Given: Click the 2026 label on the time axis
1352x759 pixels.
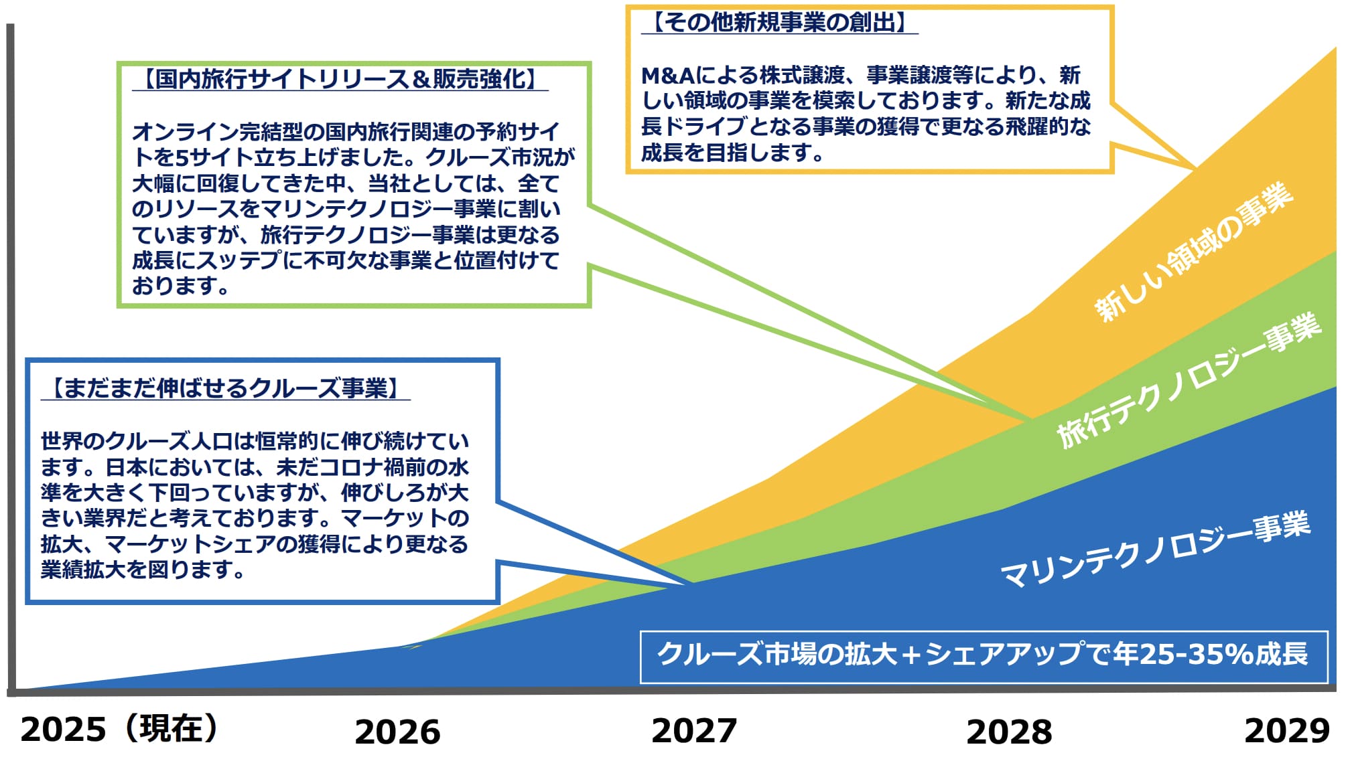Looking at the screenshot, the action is click(397, 732).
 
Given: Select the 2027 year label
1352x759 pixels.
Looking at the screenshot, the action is click(694, 730).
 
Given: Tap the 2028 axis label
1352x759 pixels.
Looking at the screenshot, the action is click(1009, 732).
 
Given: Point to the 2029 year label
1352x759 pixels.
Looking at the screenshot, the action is click(1287, 730).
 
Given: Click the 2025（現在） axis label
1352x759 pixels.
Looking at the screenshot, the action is click(119, 729).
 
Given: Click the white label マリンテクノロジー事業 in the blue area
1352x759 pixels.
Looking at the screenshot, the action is click(1155, 550).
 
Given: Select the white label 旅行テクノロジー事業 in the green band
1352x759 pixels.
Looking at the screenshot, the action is click(1189, 379).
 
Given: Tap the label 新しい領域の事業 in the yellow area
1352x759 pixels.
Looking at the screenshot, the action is click(1193, 252).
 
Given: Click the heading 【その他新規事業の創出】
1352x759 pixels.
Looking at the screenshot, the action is click(779, 22).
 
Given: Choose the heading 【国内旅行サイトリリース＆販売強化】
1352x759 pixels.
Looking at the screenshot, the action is click(340, 79).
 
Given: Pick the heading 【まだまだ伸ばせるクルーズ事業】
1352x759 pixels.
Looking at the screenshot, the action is click(225, 388).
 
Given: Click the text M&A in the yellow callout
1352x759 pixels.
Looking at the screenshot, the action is click(667, 75).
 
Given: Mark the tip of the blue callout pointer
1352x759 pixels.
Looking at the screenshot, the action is click(693, 584).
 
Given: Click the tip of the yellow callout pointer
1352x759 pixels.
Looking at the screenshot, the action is click(1195, 167).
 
